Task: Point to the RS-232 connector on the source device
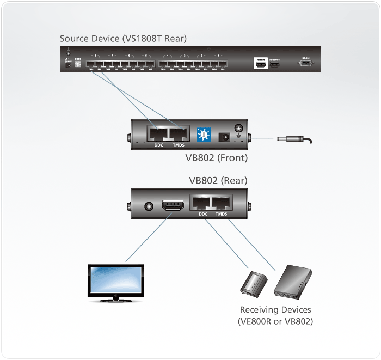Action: coord(306,64)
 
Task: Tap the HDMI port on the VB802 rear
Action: coord(172,207)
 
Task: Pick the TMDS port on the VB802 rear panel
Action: coord(221,205)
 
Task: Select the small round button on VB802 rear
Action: coord(148,207)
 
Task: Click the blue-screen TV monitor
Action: coord(116,280)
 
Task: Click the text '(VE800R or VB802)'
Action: coord(275,321)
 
